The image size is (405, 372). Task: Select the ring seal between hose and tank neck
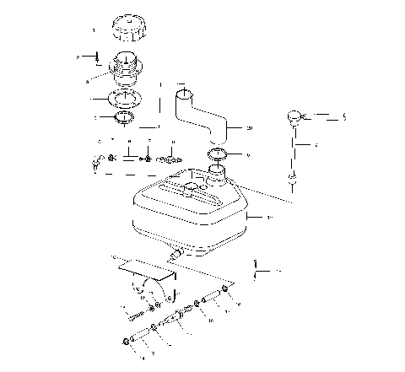[x=219, y=154]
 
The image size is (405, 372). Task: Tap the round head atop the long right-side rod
[x=294, y=116]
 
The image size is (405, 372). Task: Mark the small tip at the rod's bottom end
[x=292, y=179]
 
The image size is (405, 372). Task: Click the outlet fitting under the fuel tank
[x=176, y=251]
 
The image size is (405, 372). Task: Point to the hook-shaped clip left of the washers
[x=100, y=161]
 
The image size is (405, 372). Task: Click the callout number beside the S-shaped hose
[x=250, y=127]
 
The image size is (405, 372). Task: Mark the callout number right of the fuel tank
[x=268, y=218]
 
